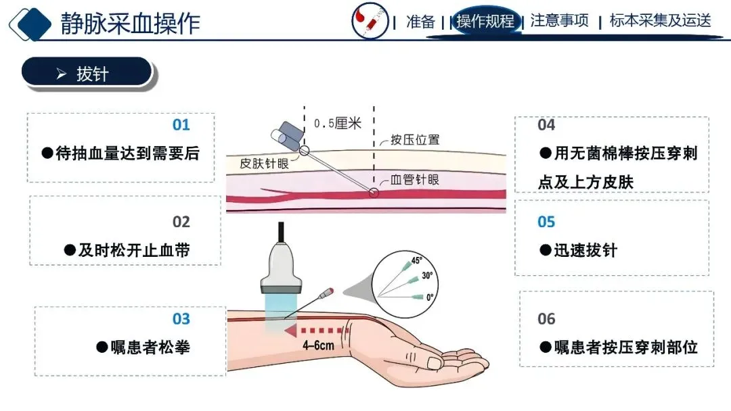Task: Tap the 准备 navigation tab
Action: pyautogui.click(x=420, y=21)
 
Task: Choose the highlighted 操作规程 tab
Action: pyautogui.click(x=485, y=21)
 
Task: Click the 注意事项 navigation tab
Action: pyautogui.click(x=559, y=21)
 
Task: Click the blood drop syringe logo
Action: pyautogui.click(x=370, y=21)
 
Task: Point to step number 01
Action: pyautogui.click(x=181, y=125)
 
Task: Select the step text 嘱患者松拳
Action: pyautogui.click(x=142, y=347)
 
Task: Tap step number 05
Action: pyautogui.click(x=546, y=222)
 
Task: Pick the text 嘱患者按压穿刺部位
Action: pyautogui.click(x=618, y=347)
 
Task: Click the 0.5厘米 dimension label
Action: pyautogui.click(x=338, y=124)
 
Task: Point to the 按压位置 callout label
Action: pyautogui.click(x=414, y=140)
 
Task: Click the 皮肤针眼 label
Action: pyautogui.click(x=264, y=164)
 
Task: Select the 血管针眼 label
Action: pyautogui.click(x=415, y=180)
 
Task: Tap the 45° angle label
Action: pyautogui.click(x=416, y=260)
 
